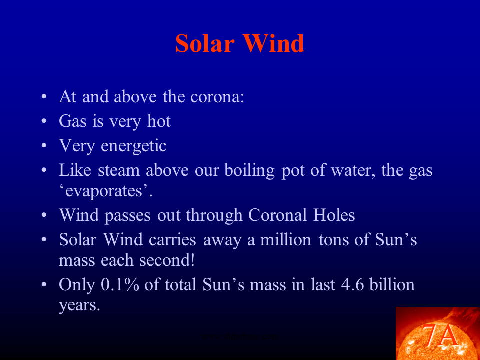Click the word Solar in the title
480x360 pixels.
[x=205, y=44]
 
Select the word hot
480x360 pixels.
[x=159, y=121]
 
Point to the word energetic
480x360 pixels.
[x=133, y=146]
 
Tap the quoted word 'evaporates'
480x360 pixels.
[x=105, y=192]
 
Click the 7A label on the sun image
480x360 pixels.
[x=440, y=336]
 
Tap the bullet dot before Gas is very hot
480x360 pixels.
[x=45, y=121]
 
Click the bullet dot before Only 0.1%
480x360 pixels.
[x=45, y=285]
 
